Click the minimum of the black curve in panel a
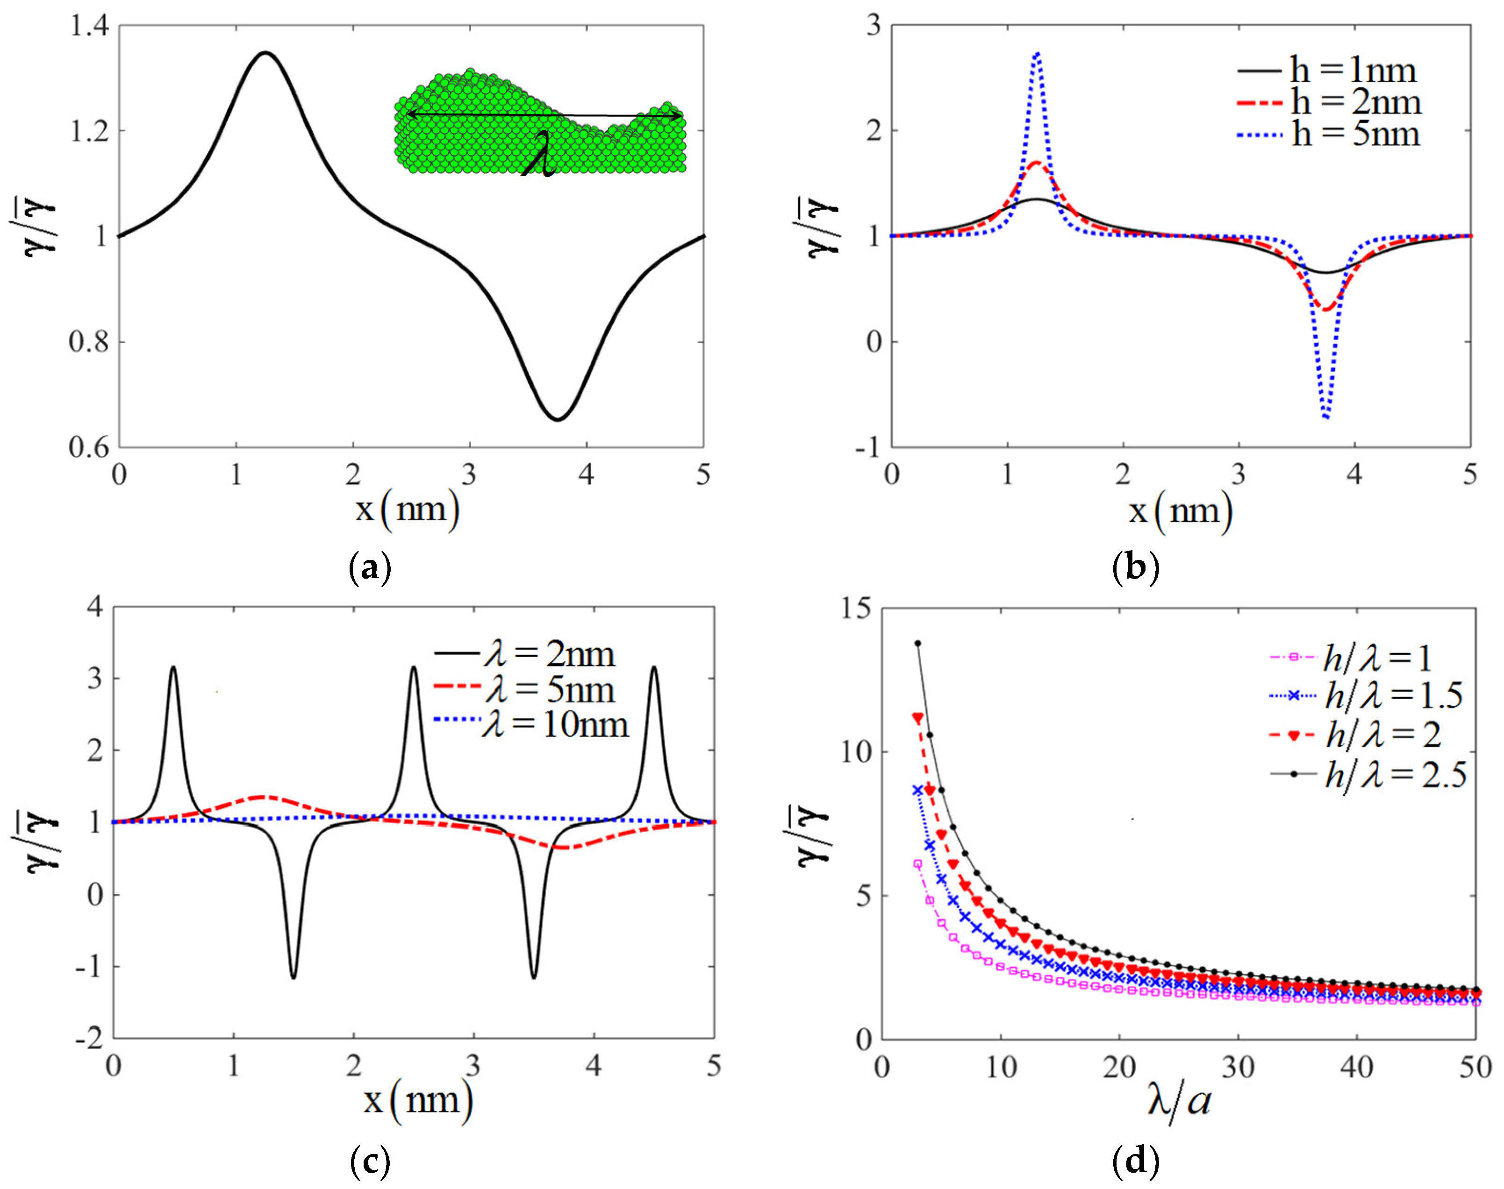(557, 419)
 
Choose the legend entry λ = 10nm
(555, 725)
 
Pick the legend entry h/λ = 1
(1376, 657)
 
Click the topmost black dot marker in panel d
(917, 643)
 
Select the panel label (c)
(369, 1161)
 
